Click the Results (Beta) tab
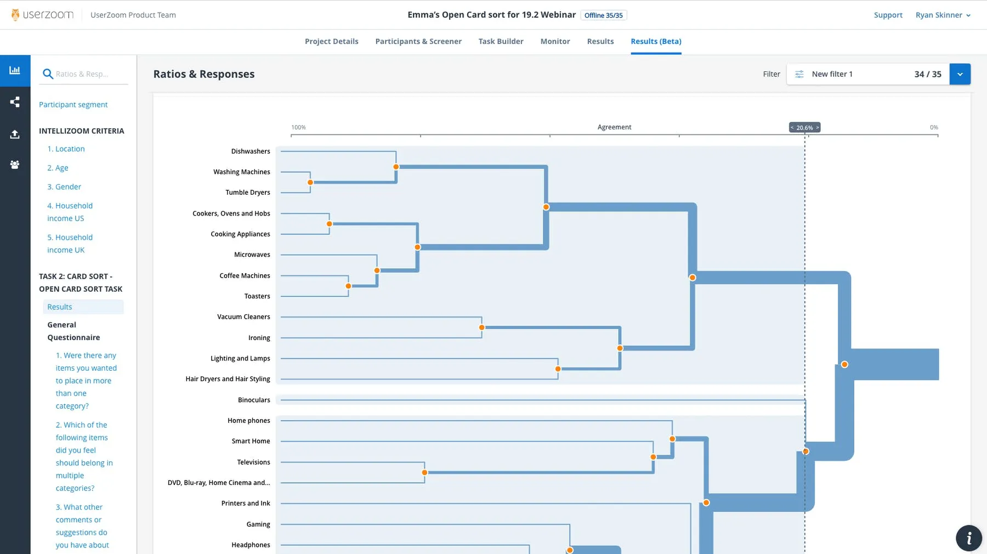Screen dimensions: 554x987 pyautogui.click(x=656, y=41)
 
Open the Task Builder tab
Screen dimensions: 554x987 pyautogui.click(x=501, y=41)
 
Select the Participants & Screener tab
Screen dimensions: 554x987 pyautogui.click(x=418, y=41)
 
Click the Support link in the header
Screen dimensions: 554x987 pyautogui.click(x=888, y=15)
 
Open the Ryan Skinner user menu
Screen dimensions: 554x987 pyautogui.click(x=943, y=15)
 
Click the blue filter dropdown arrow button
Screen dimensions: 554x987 pyautogui.click(x=960, y=74)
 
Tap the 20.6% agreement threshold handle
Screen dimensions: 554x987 pyautogui.click(x=804, y=127)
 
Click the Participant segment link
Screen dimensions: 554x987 pyautogui.click(x=73, y=104)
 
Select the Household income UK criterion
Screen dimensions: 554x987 pyautogui.click(x=70, y=244)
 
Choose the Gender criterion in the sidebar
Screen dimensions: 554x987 pyautogui.click(x=64, y=186)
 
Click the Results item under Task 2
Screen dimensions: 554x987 pyautogui.click(x=60, y=307)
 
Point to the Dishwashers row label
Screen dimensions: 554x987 pyautogui.click(x=251, y=151)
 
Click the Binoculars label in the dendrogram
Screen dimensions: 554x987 pyautogui.click(x=254, y=400)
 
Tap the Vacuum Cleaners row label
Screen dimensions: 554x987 pyautogui.click(x=243, y=316)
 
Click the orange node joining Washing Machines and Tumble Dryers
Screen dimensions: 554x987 pyautogui.click(x=310, y=182)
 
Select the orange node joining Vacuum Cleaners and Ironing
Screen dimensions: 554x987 pyautogui.click(x=481, y=327)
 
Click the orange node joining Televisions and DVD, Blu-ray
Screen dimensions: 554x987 pyautogui.click(x=424, y=472)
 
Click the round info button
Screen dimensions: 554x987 pyautogui.click(x=968, y=538)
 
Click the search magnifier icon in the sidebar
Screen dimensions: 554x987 pyautogui.click(x=48, y=74)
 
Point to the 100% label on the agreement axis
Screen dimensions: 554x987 pyautogui.click(x=298, y=127)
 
